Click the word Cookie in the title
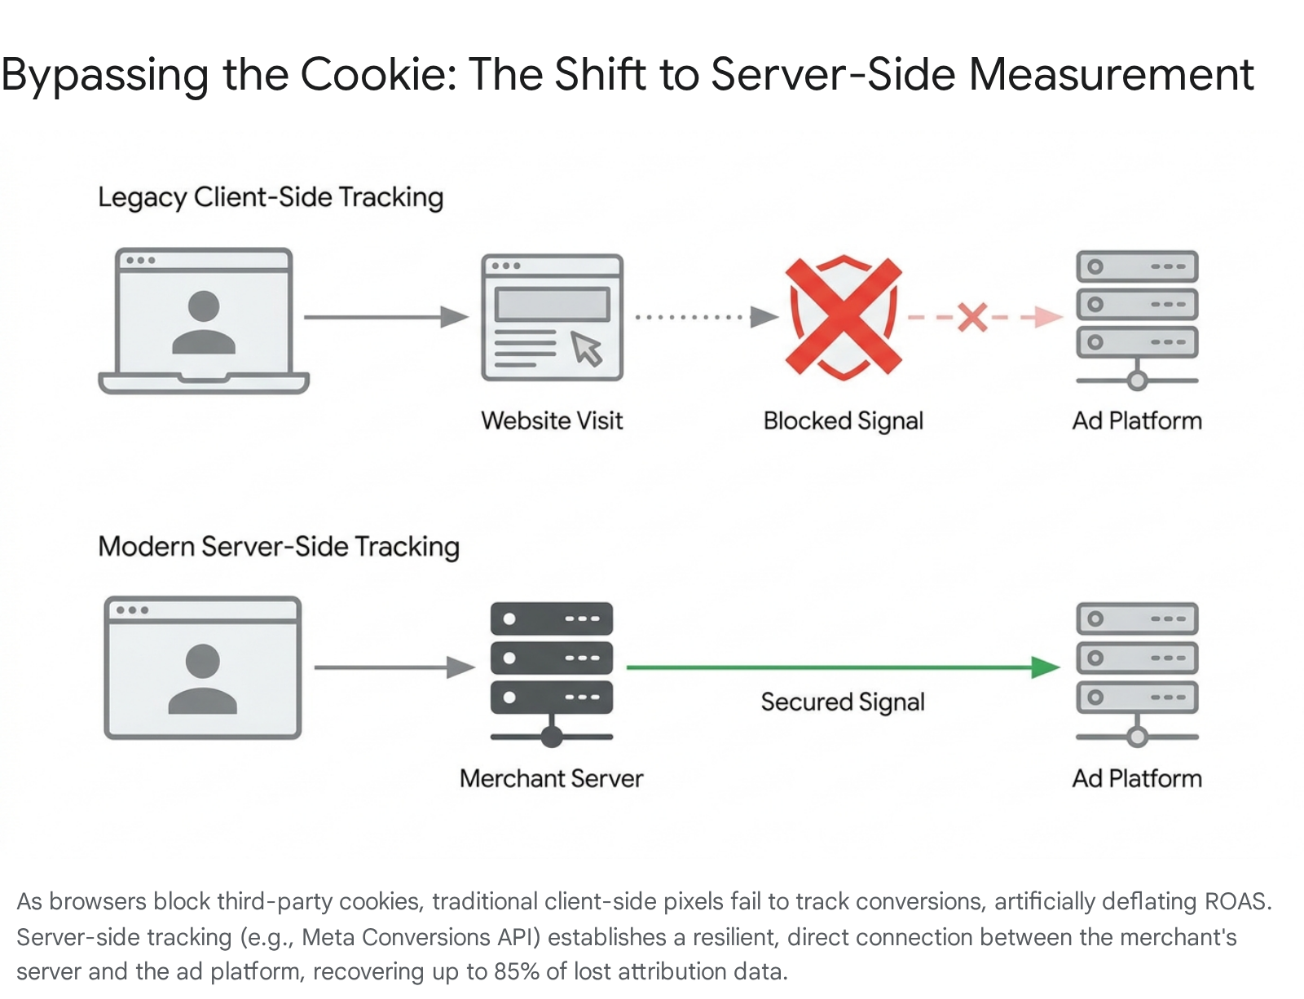[377, 74]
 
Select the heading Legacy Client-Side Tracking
[271, 197]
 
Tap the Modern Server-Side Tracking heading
[279, 547]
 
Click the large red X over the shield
[844, 317]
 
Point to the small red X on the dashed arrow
[972, 317]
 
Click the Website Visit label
[552, 420]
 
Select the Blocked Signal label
[844, 421]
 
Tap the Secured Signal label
[843, 702]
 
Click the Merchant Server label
[552, 778]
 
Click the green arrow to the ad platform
[844, 667]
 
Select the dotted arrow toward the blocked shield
[707, 317]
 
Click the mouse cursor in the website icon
[586, 348]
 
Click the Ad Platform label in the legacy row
[1137, 420]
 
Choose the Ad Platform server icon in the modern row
[1137, 675]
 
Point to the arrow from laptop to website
[386, 317]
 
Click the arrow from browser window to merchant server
[394, 667]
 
